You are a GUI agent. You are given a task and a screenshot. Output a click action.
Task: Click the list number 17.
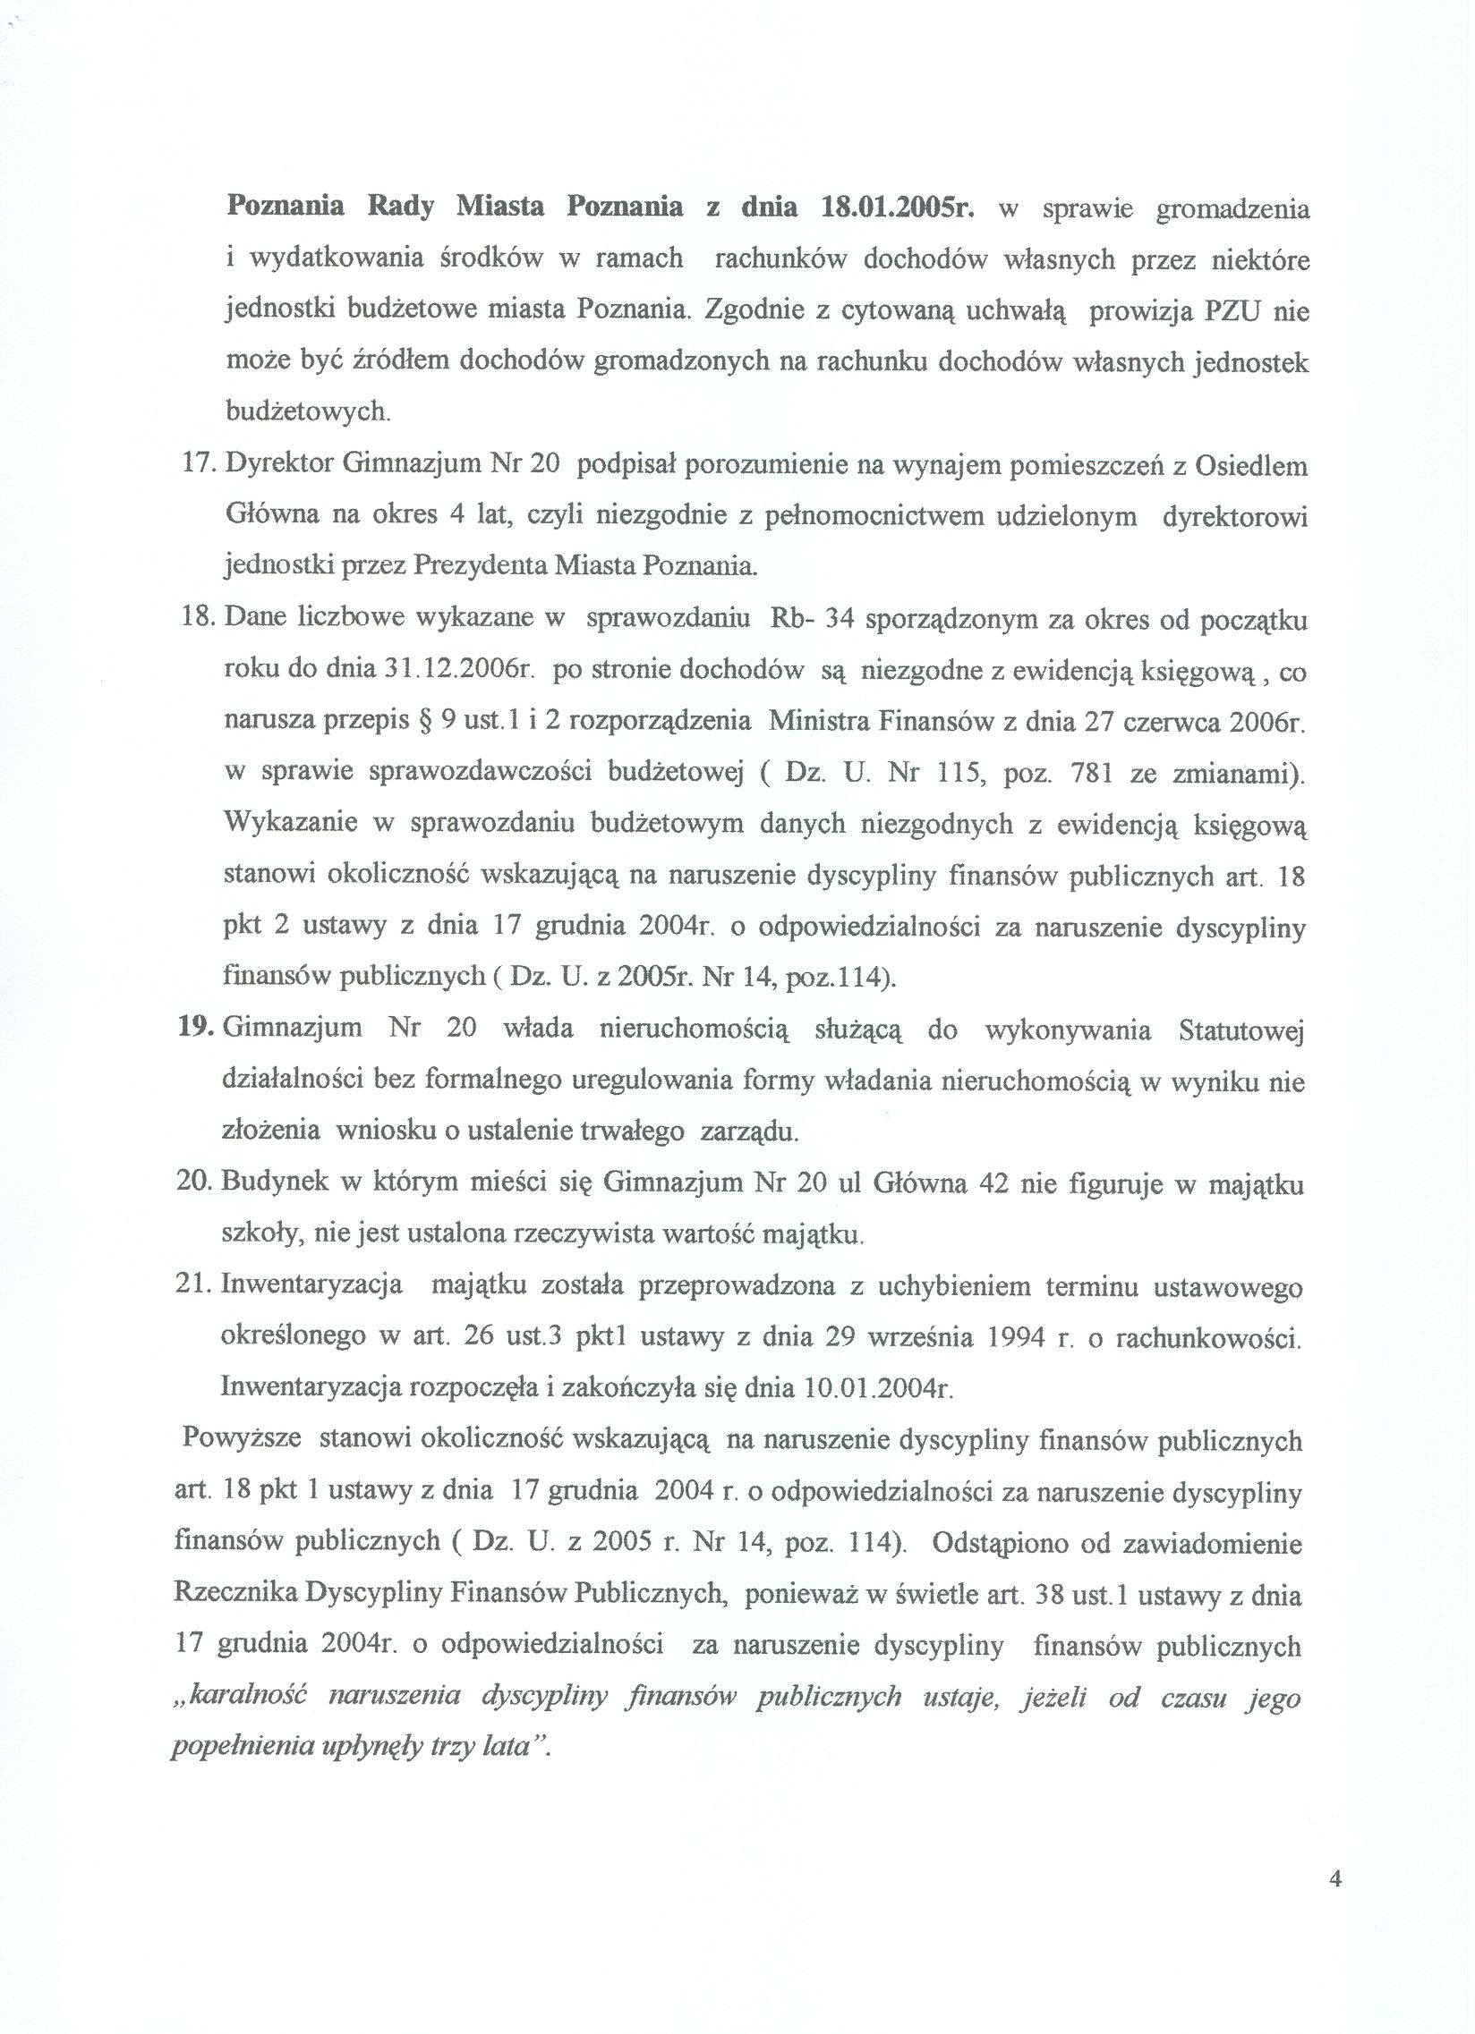[200, 465]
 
